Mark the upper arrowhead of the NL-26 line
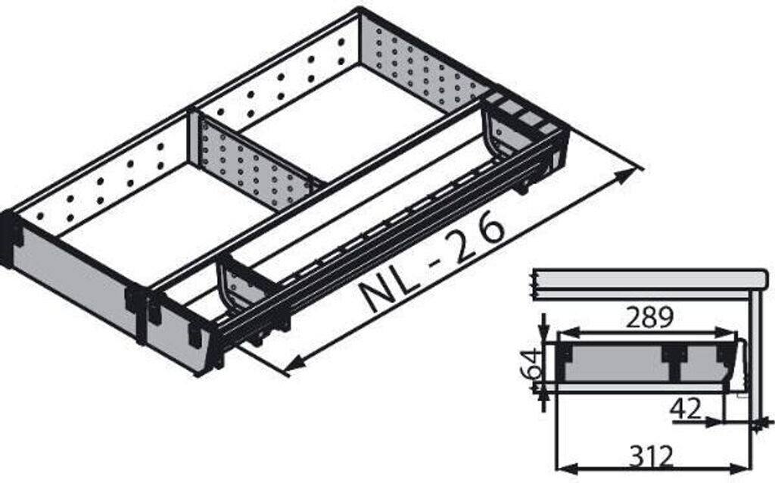pos(624,176)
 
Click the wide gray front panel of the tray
pos(72,276)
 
